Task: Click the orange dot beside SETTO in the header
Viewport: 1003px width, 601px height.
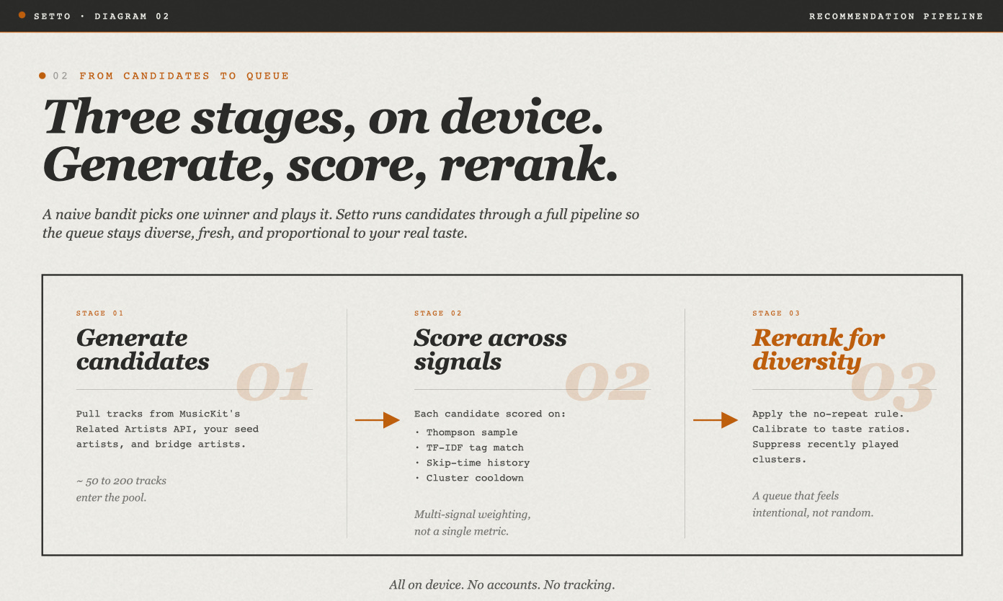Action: point(22,15)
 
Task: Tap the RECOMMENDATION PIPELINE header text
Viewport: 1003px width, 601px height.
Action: point(896,17)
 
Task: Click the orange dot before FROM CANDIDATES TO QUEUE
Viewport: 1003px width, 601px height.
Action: point(42,76)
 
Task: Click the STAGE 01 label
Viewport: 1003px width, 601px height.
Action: point(99,313)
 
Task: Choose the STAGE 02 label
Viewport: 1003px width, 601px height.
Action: point(437,313)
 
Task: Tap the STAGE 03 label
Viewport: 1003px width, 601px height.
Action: point(775,313)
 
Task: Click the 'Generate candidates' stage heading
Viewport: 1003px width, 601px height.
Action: point(143,350)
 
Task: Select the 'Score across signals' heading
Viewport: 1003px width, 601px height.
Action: point(490,350)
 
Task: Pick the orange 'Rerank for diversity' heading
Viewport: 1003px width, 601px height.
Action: point(818,350)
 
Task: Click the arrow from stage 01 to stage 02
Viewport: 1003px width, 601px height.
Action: point(377,420)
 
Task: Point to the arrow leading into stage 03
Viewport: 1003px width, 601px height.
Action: point(715,420)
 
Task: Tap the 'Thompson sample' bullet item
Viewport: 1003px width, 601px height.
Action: point(471,432)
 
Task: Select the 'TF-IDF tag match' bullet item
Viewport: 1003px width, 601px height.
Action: point(475,448)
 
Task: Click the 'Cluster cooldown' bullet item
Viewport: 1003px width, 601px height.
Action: point(475,478)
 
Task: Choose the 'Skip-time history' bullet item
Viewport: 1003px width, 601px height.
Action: point(478,463)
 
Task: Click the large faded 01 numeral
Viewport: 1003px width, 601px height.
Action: point(272,381)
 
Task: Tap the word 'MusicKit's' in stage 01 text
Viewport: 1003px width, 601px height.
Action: point(210,414)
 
